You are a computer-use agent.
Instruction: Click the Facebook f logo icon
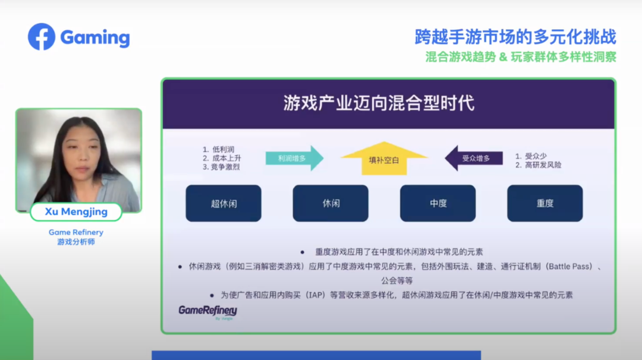[x=42, y=37]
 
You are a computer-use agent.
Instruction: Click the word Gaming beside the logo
[x=95, y=38]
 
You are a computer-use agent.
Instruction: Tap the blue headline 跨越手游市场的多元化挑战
[x=515, y=37]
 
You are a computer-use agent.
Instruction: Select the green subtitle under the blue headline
[x=521, y=57]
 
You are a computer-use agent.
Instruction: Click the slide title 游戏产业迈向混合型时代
[x=379, y=103]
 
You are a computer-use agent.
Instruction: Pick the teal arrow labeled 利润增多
[x=294, y=159]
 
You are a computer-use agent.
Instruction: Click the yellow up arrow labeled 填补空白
[x=384, y=159]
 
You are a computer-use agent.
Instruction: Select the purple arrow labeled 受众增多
[x=474, y=159]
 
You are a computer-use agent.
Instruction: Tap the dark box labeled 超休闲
[x=224, y=203]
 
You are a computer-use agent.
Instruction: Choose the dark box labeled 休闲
[x=331, y=203]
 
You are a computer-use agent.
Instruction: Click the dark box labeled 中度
[x=438, y=203]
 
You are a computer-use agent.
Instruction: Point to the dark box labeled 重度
[x=545, y=203]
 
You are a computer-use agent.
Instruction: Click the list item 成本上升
[x=226, y=158]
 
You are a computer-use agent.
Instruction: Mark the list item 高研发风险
[x=543, y=165]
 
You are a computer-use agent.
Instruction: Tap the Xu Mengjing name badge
[x=76, y=212]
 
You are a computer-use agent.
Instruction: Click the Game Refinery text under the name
[x=76, y=232]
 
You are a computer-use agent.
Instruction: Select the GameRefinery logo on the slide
[x=208, y=312]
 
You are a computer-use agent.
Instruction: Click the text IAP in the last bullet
[x=315, y=295]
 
